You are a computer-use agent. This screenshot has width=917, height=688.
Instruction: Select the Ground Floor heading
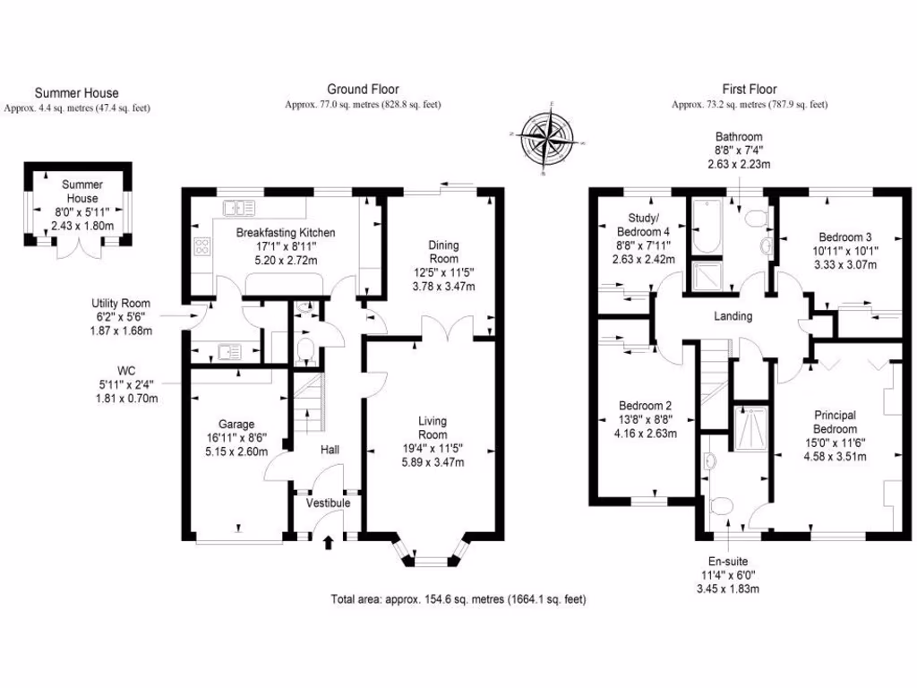tap(362, 89)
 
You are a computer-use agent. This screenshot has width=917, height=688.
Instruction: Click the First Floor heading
tap(750, 89)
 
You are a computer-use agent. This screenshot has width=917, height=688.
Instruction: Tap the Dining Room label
tap(443, 252)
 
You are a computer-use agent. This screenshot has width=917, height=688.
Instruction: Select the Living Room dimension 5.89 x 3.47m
tap(433, 462)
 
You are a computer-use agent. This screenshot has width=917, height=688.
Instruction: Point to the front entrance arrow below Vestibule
tap(327, 541)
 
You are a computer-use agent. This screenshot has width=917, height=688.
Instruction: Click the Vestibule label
tap(328, 503)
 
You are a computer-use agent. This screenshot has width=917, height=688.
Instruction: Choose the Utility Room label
tap(120, 304)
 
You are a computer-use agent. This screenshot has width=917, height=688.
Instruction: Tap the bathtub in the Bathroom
tap(702, 229)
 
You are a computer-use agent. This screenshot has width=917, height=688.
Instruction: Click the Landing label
tap(733, 316)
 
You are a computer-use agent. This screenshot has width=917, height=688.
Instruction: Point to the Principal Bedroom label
tap(835, 422)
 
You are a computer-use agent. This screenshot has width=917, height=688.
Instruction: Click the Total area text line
tap(458, 598)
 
